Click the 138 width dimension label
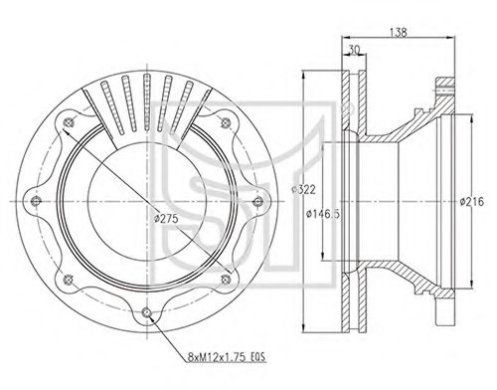[x=398, y=32]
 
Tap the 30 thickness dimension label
[x=354, y=50]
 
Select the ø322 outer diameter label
[x=303, y=190]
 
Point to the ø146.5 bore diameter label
[x=323, y=214]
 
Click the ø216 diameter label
[x=472, y=201]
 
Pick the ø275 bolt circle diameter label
[x=167, y=218]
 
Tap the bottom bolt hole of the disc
[x=146, y=311]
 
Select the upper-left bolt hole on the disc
[x=69, y=122]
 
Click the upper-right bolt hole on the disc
[x=226, y=123]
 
